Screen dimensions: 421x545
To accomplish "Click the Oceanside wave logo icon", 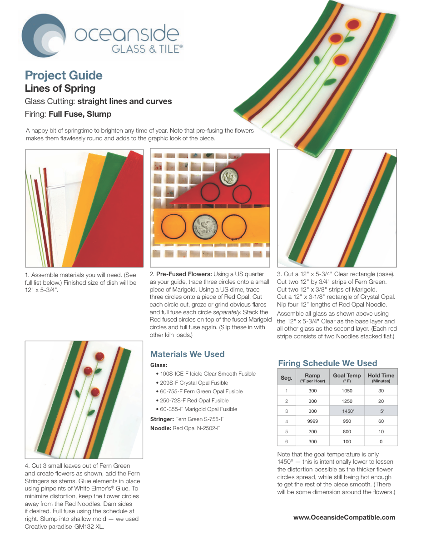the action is [44, 35].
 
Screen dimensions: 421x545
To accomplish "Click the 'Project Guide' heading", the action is [64, 75].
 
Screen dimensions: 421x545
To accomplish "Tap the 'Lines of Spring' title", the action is [60, 88].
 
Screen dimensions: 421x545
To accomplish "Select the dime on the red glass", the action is [229, 177].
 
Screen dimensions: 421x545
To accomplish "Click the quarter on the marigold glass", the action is [205, 227].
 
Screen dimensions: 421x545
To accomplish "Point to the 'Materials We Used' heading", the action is [187, 354].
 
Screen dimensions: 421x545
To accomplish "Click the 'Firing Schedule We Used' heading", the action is [327, 363].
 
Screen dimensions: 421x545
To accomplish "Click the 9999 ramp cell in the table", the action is [312, 421].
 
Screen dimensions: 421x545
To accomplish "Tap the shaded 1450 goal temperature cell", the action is [347, 411].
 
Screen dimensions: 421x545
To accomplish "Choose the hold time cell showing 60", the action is [381, 421].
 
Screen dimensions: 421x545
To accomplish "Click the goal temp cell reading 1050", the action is [347, 391].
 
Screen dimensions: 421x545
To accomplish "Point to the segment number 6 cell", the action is [287, 441].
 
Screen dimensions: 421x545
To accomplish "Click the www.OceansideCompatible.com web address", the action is [344, 517].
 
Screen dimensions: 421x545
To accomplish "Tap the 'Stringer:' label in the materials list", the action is [162, 419].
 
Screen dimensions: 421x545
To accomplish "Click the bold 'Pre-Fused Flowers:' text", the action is [184, 274].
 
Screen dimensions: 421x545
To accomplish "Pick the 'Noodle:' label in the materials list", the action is [161, 428].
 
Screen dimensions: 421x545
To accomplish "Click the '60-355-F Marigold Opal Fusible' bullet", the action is [197, 409].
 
